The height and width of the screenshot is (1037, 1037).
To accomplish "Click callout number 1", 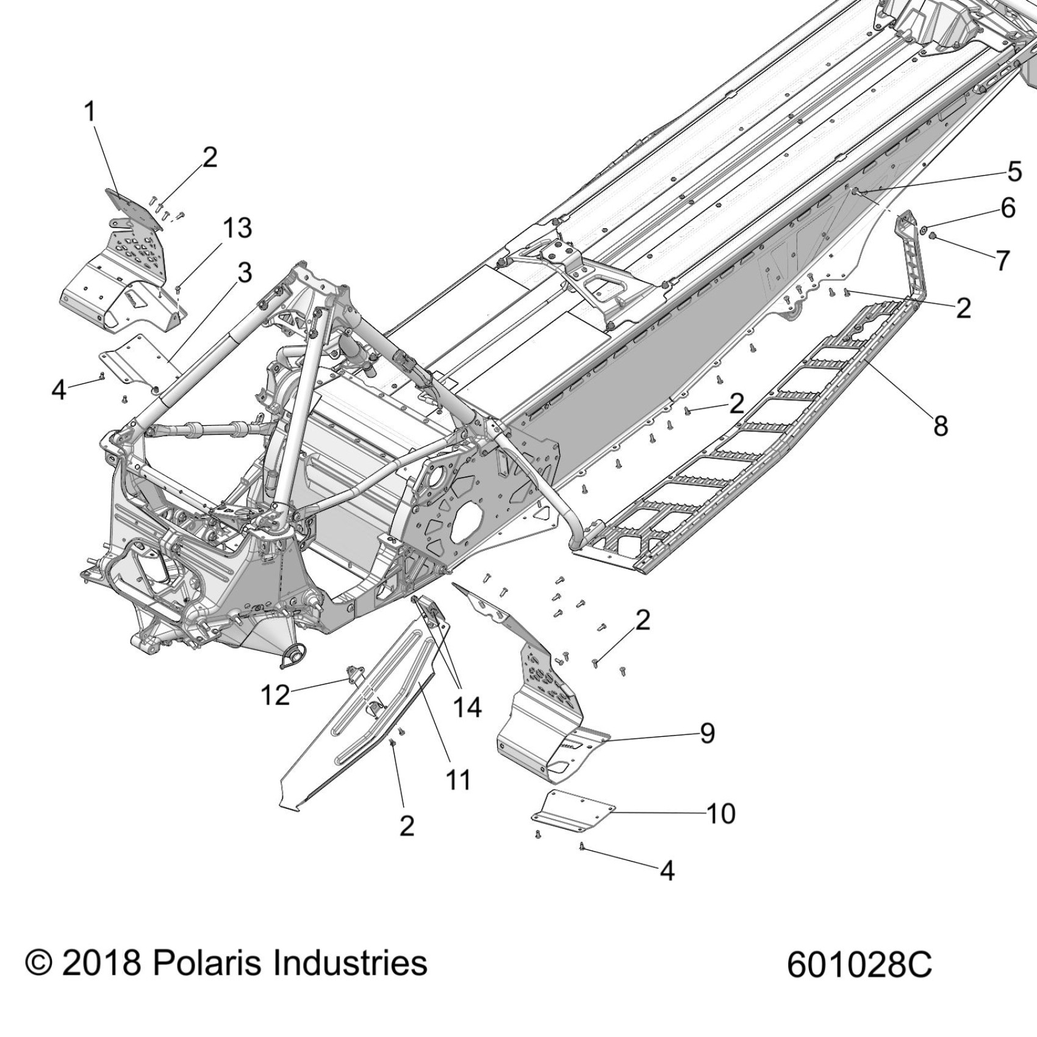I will point(90,112).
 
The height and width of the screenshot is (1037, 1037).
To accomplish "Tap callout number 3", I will point(244,273).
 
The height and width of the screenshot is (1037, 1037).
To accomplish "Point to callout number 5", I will point(1014,171).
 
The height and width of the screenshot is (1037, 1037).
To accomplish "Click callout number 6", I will point(1008,208).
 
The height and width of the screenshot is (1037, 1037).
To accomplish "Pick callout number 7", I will point(1003,260).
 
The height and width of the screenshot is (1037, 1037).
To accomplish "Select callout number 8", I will point(941,426).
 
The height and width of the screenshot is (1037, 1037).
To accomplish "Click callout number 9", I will point(707,733).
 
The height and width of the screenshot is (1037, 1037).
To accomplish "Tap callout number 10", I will point(720,813).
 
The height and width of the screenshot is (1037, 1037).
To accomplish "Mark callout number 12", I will point(274,694).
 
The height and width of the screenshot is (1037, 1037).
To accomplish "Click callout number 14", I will point(467,708).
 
